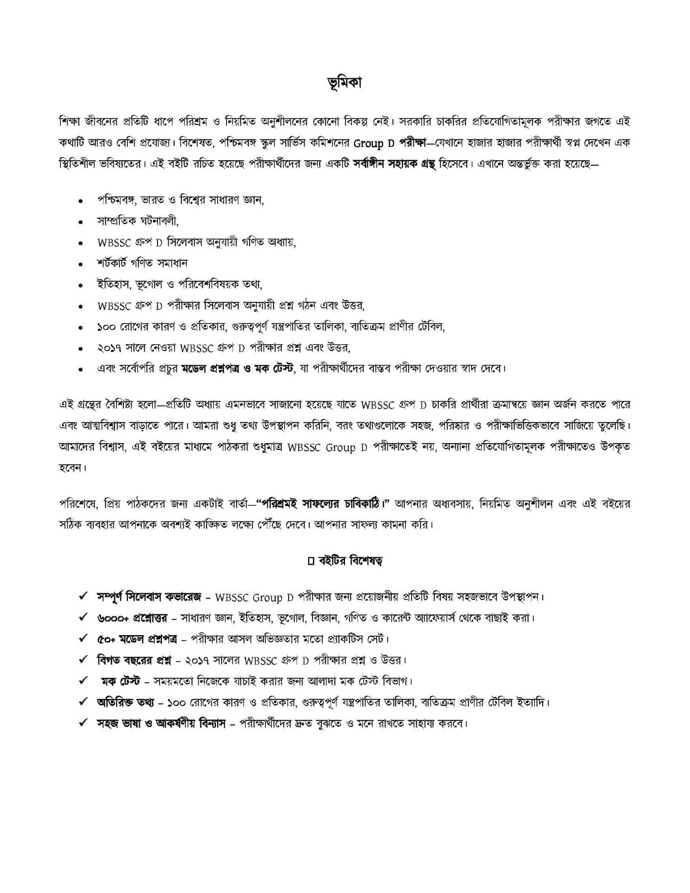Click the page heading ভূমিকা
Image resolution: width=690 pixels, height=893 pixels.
344,83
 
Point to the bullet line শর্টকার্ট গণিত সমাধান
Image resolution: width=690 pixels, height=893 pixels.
142,263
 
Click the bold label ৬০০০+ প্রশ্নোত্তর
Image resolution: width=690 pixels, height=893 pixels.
130,617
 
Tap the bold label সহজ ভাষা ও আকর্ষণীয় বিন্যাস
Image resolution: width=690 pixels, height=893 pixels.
161,724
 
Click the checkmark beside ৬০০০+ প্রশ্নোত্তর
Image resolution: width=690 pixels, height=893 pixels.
83,617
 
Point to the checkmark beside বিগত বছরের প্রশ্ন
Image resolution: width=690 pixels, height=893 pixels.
83,660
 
